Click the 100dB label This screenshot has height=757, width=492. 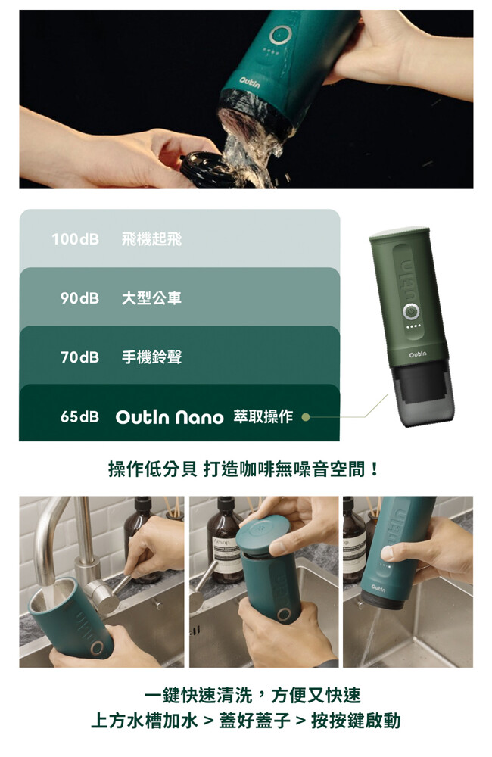(76, 239)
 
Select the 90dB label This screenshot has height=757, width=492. (79, 298)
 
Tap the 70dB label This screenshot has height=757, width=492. (79, 357)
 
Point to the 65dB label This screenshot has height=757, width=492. (79, 416)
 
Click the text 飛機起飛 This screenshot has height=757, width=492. (151, 239)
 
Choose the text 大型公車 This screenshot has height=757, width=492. (151, 298)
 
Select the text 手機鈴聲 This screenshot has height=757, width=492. (151, 357)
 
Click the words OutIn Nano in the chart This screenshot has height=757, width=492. (170, 417)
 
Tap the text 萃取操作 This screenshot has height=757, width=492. (263, 416)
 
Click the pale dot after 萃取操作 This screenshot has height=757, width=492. (305, 417)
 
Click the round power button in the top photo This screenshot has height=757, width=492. (279, 35)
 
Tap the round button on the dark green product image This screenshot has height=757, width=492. (410, 312)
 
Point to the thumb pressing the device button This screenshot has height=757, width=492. (394, 550)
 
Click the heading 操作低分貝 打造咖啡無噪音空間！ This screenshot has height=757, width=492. (244, 469)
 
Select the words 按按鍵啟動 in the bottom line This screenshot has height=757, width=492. (356, 721)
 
